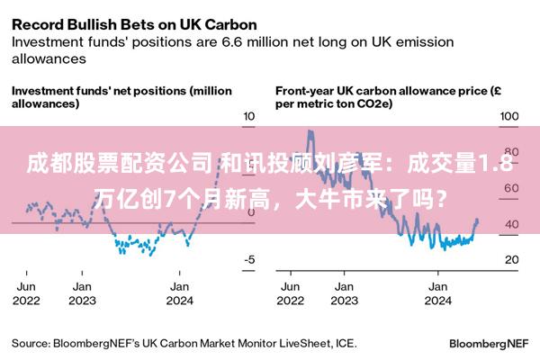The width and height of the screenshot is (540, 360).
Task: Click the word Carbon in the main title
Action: click(230, 25)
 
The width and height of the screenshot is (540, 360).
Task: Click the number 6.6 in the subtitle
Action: click(232, 42)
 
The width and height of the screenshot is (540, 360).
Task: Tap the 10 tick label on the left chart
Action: click(249, 116)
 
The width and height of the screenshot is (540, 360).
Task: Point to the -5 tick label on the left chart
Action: click(249, 259)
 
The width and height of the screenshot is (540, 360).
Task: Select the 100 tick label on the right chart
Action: click(509, 116)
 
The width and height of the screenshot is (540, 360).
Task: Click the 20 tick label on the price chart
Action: click(512, 259)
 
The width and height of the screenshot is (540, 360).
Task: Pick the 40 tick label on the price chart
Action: click(512, 224)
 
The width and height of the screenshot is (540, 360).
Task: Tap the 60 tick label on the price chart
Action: click(511, 188)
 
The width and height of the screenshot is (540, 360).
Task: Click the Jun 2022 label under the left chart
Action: click(26, 293)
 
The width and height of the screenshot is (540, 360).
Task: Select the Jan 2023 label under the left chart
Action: click(82, 293)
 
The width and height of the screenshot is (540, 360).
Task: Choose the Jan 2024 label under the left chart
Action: click(179, 293)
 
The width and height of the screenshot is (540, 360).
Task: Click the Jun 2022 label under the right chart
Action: click(291, 293)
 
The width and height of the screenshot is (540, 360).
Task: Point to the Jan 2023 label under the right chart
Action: click(345, 293)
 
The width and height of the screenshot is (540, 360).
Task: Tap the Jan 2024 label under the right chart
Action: click(437, 293)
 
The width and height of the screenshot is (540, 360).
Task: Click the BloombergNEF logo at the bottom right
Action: click(489, 344)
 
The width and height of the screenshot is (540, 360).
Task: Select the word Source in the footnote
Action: click(31, 344)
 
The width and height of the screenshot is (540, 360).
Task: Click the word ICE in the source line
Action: click(346, 344)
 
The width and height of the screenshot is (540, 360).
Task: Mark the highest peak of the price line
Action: click(310, 130)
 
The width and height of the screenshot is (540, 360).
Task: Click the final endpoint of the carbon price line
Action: click(477, 220)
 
